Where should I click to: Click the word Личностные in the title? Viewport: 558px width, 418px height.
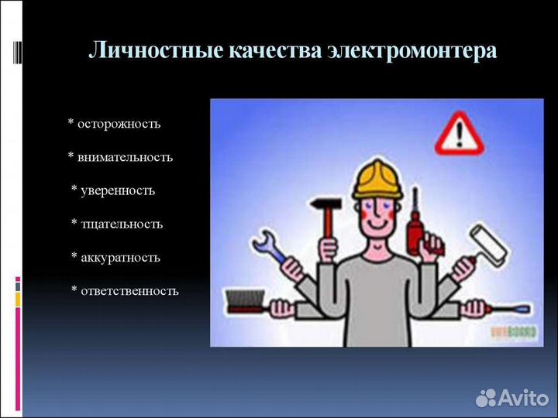tap(156, 51)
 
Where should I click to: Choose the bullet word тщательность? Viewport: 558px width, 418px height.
tap(120, 224)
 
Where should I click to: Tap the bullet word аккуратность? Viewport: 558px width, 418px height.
tap(119, 257)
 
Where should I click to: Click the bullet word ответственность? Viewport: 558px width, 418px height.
tap(129, 291)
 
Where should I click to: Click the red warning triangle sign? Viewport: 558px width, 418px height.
tap(463, 132)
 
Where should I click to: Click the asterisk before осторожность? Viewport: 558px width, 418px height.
tap(71, 123)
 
